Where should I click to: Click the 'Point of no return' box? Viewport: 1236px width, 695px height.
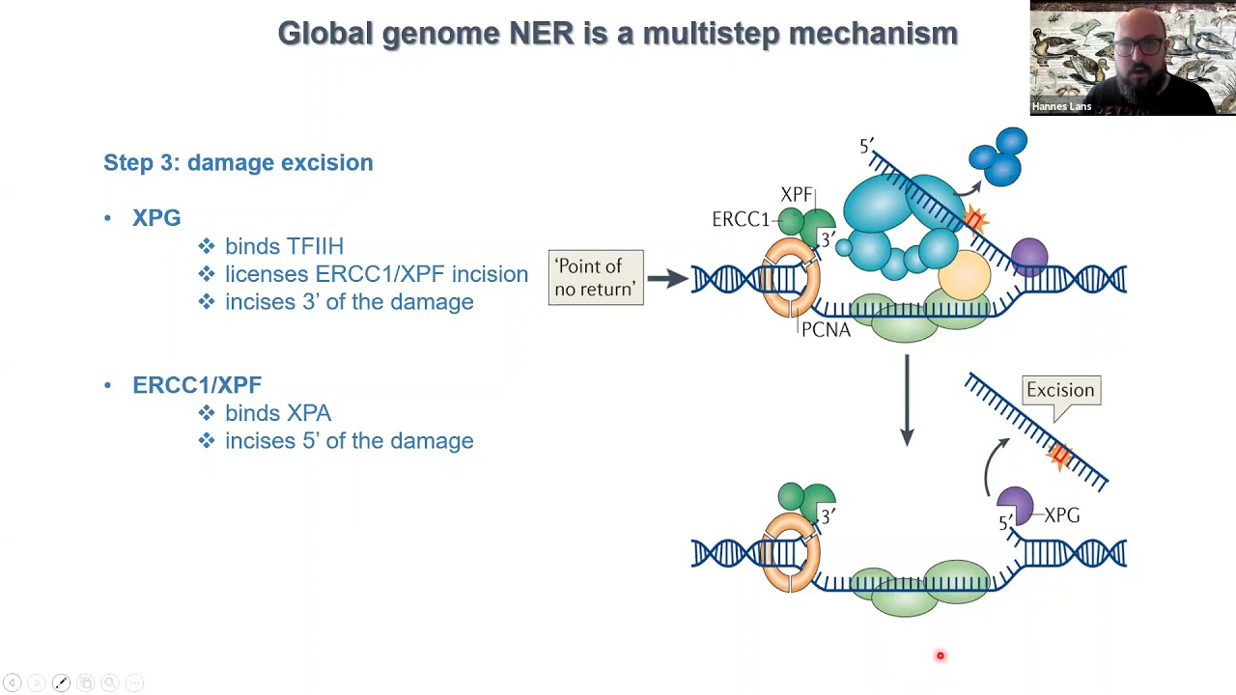tap(596, 278)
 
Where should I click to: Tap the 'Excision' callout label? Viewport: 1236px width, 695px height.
tap(1060, 390)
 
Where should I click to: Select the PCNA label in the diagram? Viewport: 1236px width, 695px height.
tap(826, 330)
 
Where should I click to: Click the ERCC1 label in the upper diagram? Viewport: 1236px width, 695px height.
tap(741, 219)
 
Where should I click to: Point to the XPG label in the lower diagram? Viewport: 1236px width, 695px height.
tap(1062, 515)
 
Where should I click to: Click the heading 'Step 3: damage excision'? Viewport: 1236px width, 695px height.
tap(239, 162)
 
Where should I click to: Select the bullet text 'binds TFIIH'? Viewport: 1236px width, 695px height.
tap(284, 246)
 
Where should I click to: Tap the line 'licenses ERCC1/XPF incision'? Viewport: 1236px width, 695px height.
tap(376, 274)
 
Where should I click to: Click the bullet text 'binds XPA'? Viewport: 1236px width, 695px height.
tap(278, 413)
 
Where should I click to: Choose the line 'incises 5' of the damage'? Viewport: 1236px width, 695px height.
tap(349, 441)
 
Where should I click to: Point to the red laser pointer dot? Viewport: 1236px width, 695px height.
tap(940, 656)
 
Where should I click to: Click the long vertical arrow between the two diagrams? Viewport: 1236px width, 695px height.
tap(907, 400)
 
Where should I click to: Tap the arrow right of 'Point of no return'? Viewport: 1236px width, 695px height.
tap(667, 278)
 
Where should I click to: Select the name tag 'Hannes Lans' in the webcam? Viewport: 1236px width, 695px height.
tap(1061, 106)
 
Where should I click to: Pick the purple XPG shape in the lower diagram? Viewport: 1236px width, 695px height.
tap(1016, 503)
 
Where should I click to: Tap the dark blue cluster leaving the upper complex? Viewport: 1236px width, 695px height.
tap(999, 155)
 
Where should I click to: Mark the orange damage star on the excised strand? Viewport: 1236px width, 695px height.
tap(1061, 456)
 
